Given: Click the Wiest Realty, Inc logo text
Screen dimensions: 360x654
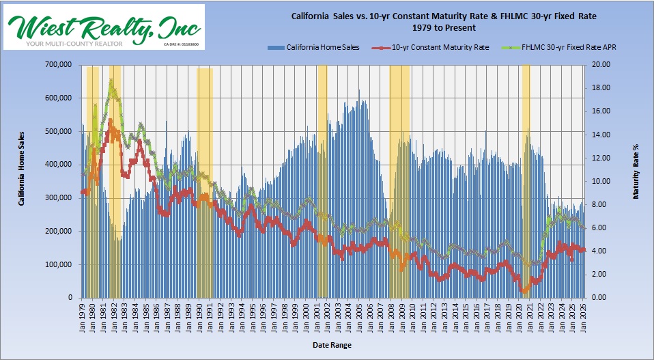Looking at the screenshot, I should [x=104, y=26].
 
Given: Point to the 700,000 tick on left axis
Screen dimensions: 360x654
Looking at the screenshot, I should [x=59, y=65].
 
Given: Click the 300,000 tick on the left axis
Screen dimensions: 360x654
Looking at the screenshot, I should [x=59, y=198].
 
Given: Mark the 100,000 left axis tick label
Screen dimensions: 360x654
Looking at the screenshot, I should [x=59, y=264].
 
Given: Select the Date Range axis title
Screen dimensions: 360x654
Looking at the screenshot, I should [x=332, y=346].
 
